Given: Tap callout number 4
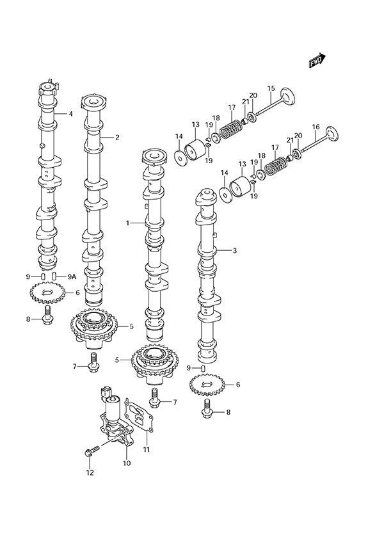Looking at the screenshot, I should (71, 114).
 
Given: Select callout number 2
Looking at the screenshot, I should (117, 137).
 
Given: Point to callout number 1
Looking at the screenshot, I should (128, 223).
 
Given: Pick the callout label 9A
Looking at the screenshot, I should (72, 276).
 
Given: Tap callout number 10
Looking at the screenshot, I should (126, 462).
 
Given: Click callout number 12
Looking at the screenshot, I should (90, 473).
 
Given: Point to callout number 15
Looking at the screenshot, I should (271, 88).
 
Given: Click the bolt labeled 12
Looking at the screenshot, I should (92, 451).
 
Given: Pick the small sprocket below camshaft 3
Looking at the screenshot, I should (205, 385).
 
